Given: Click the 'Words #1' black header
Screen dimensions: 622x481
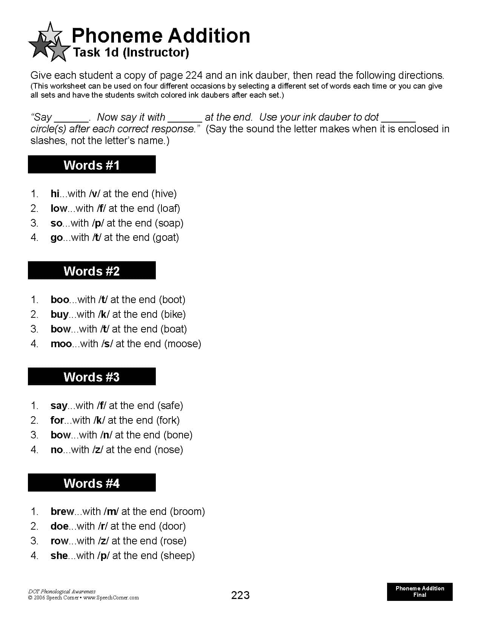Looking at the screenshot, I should tap(92, 165).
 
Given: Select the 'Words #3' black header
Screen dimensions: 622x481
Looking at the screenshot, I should tap(92, 377).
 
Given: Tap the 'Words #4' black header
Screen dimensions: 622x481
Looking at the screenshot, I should tap(92, 483).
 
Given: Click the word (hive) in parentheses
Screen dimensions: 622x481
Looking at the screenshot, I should tap(164, 194).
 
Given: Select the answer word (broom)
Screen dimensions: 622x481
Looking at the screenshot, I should tap(187, 512).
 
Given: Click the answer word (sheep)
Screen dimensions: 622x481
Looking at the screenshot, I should tap(177, 556).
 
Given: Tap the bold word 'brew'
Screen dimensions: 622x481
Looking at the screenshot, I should tap(62, 512).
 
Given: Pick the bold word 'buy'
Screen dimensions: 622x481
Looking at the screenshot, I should tap(60, 314).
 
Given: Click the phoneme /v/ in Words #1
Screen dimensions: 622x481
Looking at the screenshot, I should tap(94, 194).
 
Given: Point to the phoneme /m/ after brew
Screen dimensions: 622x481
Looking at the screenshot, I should tap(111, 512).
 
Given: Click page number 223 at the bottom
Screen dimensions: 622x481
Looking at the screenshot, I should tap(240, 595).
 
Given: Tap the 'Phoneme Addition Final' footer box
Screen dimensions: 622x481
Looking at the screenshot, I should tap(420, 591).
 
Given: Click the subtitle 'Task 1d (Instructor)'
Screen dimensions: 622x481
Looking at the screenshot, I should tap(131, 52).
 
